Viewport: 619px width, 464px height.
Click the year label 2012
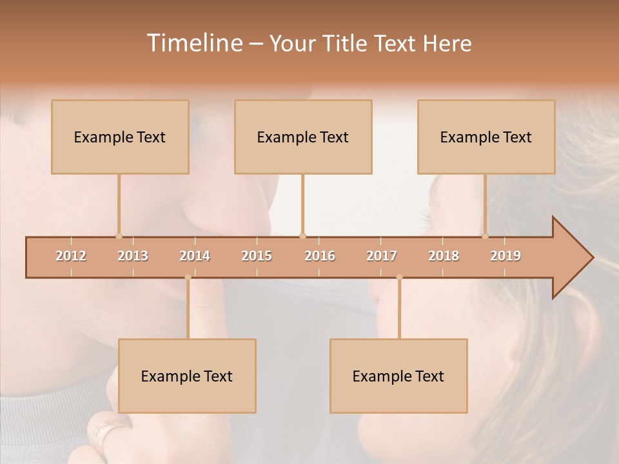(x=71, y=256)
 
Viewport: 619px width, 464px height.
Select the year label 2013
(x=133, y=256)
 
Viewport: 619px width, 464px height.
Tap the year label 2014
(x=195, y=256)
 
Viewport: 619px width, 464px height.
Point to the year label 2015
(x=257, y=256)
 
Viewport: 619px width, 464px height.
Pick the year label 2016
(x=320, y=256)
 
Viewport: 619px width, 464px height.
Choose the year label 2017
(x=382, y=256)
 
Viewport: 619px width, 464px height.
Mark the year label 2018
(x=444, y=256)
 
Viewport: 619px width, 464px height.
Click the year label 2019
(x=506, y=256)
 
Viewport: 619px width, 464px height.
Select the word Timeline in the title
(x=193, y=43)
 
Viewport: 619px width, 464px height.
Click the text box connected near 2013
(x=120, y=137)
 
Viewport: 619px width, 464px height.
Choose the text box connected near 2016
(x=303, y=137)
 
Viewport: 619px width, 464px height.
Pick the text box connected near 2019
(x=486, y=137)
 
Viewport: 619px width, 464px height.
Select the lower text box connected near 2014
(x=187, y=376)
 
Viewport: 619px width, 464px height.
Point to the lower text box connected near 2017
(x=398, y=376)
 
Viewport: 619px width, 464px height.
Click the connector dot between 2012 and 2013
(x=119, y=236)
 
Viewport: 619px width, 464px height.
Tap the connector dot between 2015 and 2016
(x=302, y=236)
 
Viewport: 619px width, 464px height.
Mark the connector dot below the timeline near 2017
(x=399, y=277)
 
